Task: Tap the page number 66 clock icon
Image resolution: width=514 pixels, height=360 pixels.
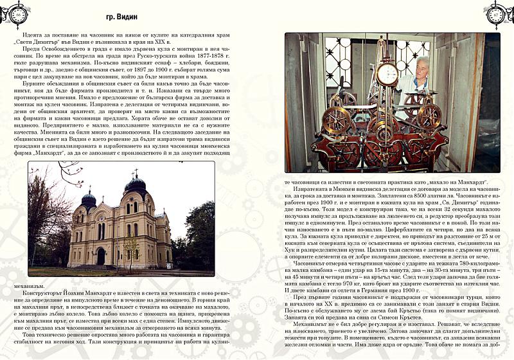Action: pyautogui.click(x=21, y=14)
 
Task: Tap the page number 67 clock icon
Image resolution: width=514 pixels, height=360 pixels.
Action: pyautogui.click(x=494, y=14)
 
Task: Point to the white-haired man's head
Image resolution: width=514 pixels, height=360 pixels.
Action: pyautogui.click(x=423, y=65)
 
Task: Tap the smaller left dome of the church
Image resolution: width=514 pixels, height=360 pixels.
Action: pyautogui.click(x=89, y=199)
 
